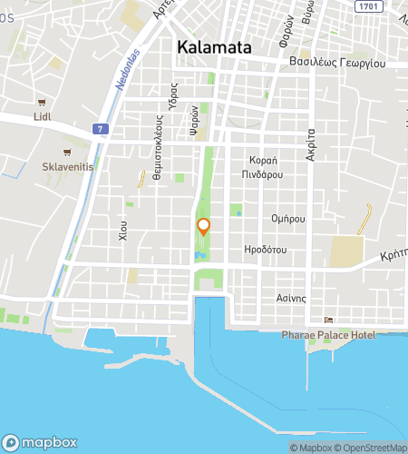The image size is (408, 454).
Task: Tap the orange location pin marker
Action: pos(204,227)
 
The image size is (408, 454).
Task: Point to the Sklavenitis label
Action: pos(67,167)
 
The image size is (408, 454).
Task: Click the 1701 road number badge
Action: pos(367,6)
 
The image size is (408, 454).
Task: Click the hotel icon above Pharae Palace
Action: pos(330,321)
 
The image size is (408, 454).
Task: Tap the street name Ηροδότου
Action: pos(266,248)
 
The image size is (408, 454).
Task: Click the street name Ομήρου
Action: pos(287,218)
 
